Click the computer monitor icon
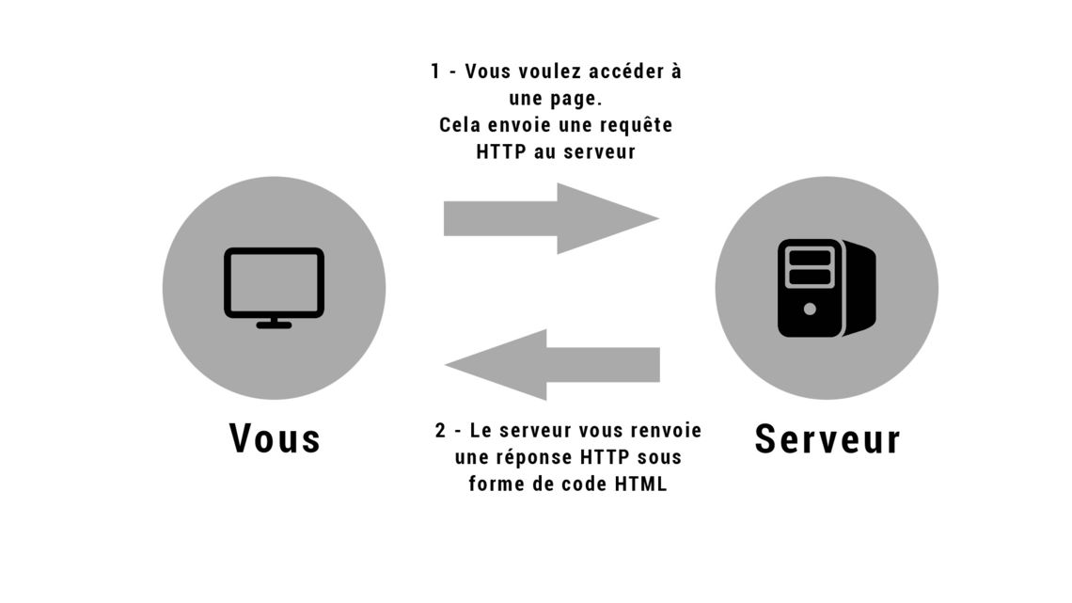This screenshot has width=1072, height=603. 275,287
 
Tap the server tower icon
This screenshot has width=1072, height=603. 827,288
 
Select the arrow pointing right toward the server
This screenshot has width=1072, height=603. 551,219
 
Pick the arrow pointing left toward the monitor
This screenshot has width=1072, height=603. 552,364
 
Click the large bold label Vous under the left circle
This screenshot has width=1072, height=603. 275,438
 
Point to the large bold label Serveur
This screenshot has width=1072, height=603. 828,439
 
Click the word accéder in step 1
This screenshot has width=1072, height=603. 626,71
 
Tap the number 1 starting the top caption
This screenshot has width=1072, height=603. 435,71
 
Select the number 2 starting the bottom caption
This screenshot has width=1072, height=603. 440,431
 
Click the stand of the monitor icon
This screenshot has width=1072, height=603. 275,322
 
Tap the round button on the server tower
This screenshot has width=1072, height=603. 811,309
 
